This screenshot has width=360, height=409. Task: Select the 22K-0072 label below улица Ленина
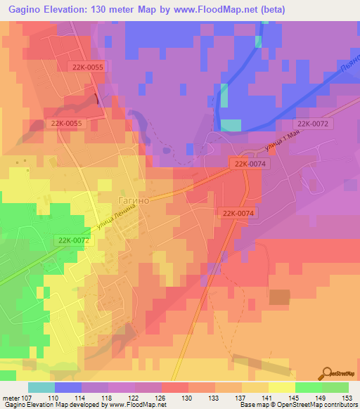(x=72, y=240)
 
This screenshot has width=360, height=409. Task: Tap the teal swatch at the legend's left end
(x=41, y=387)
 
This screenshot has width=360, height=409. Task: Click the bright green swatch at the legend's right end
(x=335, y=387)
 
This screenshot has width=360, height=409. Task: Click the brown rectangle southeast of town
(x=279, y=297)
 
